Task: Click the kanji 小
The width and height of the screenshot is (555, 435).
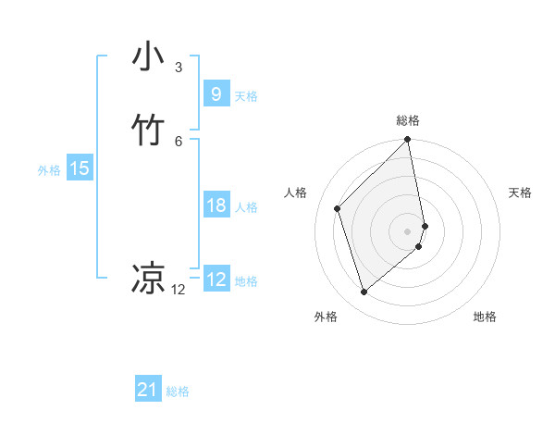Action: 148,57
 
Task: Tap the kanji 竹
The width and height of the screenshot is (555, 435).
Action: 148,130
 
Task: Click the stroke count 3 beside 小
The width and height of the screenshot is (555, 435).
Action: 178,67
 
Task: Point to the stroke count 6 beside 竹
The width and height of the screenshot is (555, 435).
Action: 178,141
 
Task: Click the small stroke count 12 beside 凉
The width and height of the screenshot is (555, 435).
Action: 178,289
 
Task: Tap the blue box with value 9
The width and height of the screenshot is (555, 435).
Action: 216,93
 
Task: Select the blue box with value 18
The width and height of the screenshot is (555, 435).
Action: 216,205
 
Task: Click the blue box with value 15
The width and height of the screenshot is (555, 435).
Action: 79,168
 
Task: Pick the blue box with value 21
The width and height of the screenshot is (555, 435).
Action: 148,390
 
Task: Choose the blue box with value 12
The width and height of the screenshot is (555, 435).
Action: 216,279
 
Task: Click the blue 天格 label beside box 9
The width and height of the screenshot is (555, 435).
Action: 246,95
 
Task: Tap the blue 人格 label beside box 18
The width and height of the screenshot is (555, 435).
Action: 246,207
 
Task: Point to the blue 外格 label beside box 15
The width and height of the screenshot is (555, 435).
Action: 49,170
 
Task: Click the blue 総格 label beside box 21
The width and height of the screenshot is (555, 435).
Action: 178,391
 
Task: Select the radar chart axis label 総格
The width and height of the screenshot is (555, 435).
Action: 408,120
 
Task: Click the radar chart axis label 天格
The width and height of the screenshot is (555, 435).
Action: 520,193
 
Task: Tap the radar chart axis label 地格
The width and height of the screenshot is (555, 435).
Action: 485,317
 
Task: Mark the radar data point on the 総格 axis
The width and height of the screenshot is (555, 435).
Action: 408,141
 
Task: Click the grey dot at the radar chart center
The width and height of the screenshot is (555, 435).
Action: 408,230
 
